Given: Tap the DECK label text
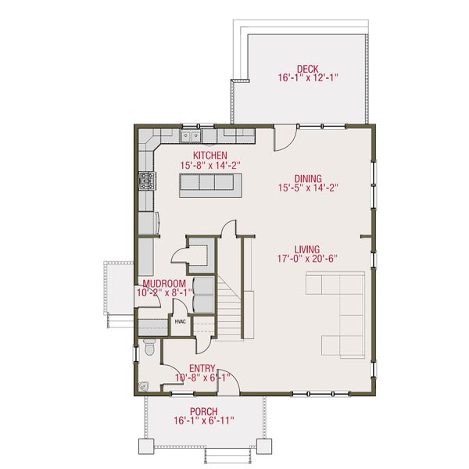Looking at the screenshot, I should tap(306, 68).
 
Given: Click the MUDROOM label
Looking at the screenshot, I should tap(164, 283).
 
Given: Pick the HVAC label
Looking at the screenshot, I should tap(180, 321).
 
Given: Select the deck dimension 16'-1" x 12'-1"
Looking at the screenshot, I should tap(306, 78).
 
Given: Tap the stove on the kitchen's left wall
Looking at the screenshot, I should tap(145, 182).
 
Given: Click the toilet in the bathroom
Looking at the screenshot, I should tap(148, 350).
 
